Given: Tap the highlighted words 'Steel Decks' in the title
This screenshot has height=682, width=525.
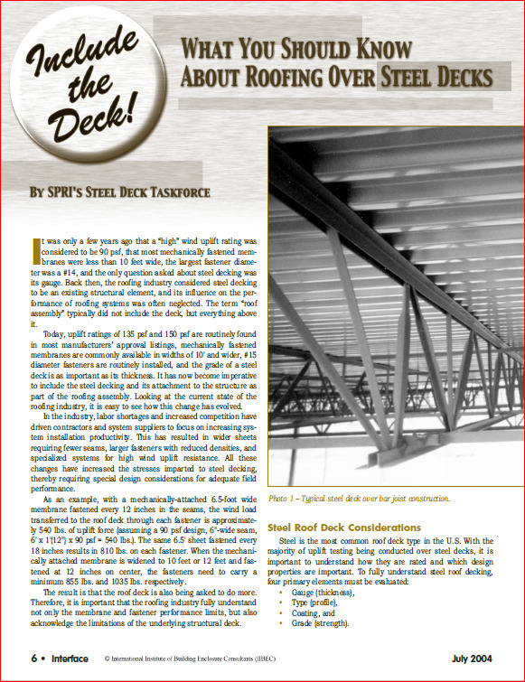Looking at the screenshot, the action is coord(437,77).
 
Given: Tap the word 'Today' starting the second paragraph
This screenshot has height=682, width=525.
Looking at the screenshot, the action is coord(56,333).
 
